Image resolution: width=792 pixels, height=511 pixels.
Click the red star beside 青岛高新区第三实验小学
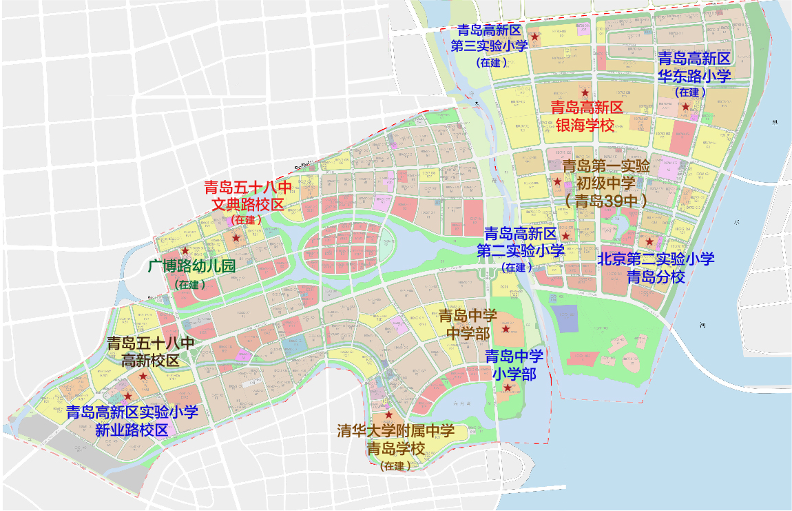534,36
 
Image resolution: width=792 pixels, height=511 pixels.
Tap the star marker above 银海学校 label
584,92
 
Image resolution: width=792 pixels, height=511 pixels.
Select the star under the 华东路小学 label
685,106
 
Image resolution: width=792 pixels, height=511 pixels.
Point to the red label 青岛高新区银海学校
585,116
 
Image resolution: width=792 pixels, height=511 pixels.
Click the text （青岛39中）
605,201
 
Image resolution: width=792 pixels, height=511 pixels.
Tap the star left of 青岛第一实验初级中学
557,182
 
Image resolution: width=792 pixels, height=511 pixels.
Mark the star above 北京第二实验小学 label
649,241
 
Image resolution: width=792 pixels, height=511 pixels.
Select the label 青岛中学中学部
468,324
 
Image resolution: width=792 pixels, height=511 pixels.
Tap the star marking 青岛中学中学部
506,329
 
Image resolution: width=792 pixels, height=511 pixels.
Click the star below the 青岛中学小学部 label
508,388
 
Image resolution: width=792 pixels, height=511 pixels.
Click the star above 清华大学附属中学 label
388,415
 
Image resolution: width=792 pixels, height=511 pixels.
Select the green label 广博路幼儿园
192,267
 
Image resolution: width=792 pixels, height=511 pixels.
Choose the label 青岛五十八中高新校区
150,351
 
